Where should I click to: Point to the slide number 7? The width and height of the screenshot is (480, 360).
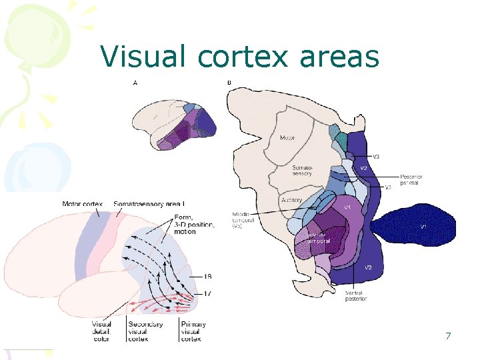click(449, 335)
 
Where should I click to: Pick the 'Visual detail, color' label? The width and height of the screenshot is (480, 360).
click(102, 331)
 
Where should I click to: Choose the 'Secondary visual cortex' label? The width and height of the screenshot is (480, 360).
click(142, 331)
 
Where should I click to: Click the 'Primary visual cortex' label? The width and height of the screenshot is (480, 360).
click(193, 331)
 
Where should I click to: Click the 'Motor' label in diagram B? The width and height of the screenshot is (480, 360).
click(287, 138)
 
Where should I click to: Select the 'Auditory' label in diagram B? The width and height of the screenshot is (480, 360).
click(291, 199)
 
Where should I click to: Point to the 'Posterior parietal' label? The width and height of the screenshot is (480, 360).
click(411, 179)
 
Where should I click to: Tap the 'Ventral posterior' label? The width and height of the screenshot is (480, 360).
click(355, 295)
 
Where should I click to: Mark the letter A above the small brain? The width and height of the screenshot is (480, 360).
click(136, 83)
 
